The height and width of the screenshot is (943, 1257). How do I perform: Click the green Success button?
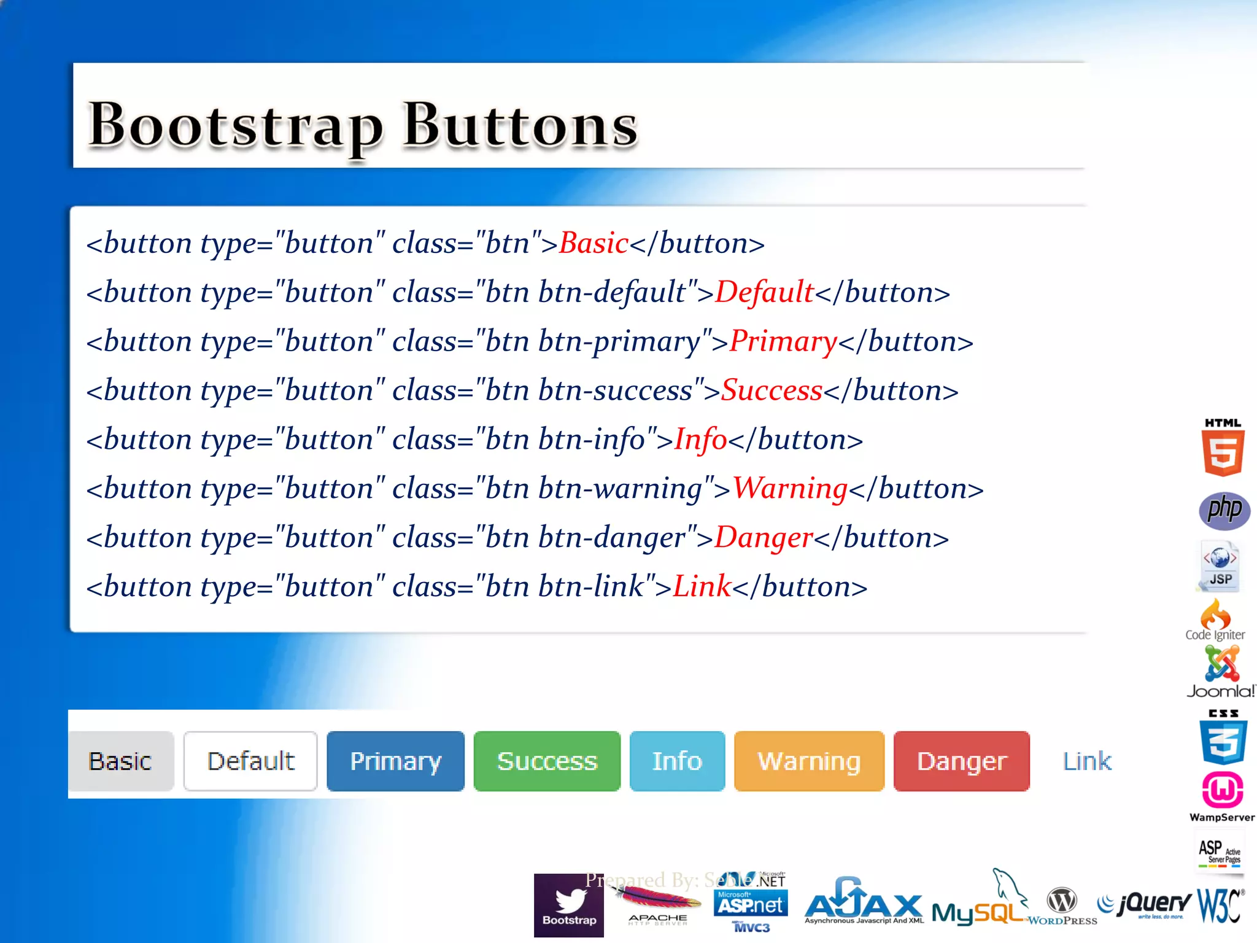[547, 761]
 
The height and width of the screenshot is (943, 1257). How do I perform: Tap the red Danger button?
[961, 761]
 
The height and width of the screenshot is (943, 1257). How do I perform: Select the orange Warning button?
[809, 761]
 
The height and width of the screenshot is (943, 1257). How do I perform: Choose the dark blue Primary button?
[395, 761]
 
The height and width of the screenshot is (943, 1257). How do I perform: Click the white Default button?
[250, 761]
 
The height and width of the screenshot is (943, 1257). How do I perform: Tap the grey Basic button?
[121, 761]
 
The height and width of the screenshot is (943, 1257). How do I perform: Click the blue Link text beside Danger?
[1086, 761]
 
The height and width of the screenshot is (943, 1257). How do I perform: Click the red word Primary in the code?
[783, 341]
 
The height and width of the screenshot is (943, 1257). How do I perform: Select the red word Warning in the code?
[790, 489]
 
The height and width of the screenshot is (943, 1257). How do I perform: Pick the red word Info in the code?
[700, 440]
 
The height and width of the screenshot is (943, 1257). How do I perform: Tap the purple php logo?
[1224, 510]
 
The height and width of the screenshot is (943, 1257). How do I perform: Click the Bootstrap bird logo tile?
[569, 906]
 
